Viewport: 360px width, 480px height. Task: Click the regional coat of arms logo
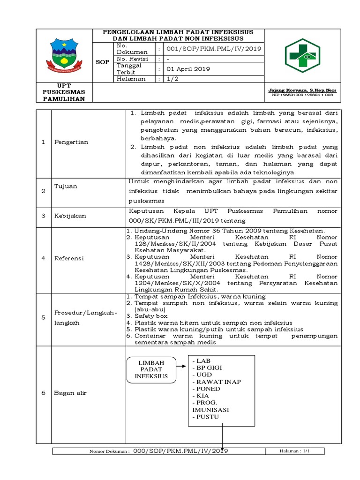65,55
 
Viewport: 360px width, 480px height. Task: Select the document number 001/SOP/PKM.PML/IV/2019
210,48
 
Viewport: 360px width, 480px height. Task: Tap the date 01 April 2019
188,69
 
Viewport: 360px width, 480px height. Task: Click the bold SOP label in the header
103,62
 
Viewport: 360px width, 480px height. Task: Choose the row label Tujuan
66,187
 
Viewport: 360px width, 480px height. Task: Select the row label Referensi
69,258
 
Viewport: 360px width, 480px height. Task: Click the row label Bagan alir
70,393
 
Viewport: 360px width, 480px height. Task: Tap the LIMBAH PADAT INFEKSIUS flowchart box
151,370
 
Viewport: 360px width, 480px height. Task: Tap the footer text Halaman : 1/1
295,451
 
